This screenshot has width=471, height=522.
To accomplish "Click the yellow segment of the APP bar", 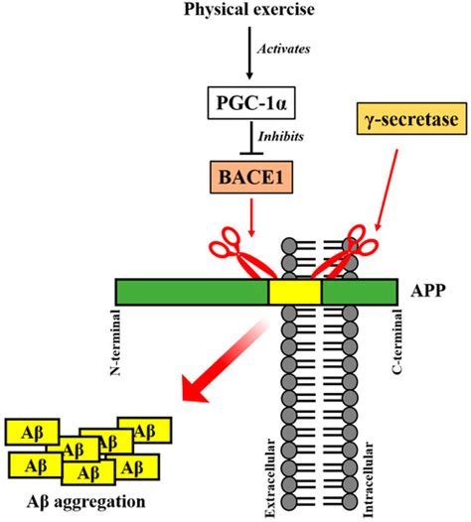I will click(294, 292).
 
